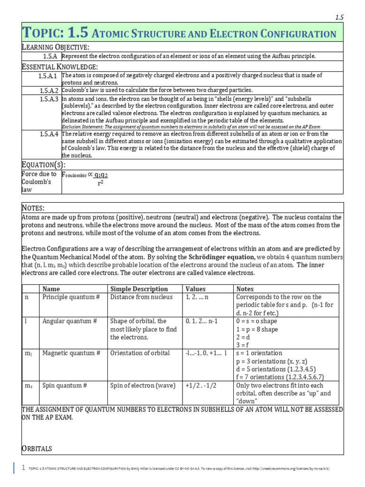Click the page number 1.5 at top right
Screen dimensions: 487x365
coord(339,17)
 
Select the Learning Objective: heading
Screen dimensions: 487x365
coord(55,47)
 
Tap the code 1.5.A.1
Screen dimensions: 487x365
coord(48,76)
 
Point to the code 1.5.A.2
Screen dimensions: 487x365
coord(48,90)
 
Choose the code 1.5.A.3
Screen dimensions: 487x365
coord(48,99)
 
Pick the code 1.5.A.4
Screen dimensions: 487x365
coord(48,134)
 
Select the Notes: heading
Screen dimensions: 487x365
coord(33,208)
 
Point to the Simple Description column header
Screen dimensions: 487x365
coord(139,289)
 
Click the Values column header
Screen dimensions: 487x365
coord(195,289)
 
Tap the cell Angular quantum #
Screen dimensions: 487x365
coord(69,321)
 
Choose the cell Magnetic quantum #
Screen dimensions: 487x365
coord(71,353)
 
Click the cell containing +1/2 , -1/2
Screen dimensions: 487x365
coord(201,385)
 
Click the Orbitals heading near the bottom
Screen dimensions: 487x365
coord(37,448)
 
